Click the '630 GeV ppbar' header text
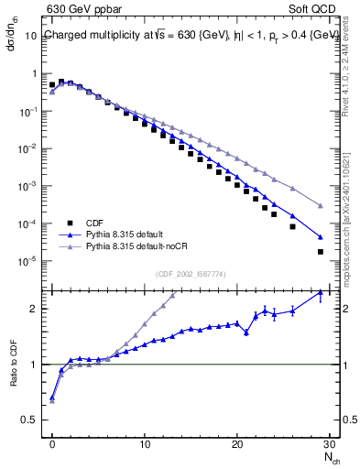click(79, 9)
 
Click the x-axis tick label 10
click(145, 442)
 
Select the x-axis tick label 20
click(237, 442)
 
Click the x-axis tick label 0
click(52, 442)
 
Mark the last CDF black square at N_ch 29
click(321, 251)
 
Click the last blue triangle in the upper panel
click(321, 235)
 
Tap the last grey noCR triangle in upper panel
click(321, 206)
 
